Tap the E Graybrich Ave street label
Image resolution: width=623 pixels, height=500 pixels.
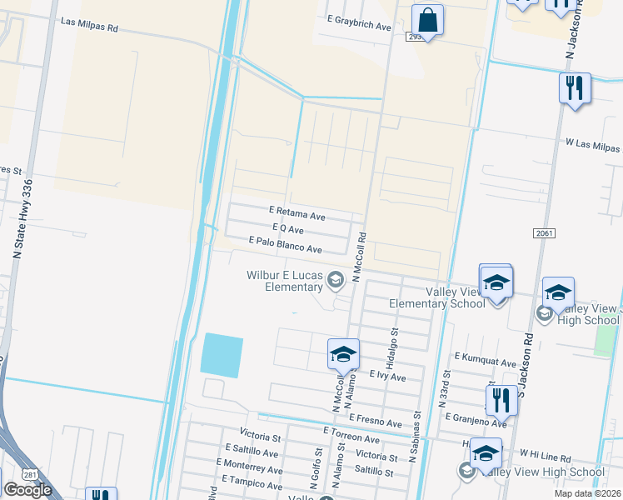[359, 27]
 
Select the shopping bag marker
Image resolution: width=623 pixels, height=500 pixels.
[427, 21]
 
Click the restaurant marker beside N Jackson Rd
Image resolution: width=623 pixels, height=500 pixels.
[575, 88]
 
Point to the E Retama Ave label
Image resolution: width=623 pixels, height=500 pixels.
[297, 214]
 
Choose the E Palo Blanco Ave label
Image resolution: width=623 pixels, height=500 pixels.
[286, 248]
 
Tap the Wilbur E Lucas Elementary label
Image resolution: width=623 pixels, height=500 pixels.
[285, 281]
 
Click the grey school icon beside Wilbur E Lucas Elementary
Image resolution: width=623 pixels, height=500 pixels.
[336, 279]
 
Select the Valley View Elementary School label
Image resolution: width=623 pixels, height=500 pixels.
[455, 297]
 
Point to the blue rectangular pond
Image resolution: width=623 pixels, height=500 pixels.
[222, 354]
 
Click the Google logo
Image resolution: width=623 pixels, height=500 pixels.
[27, 490]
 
